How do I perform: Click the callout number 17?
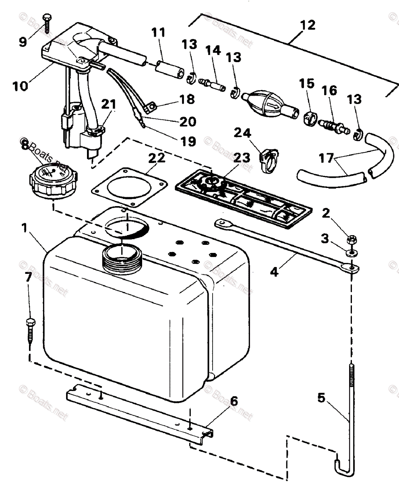327,158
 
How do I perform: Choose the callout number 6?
234,401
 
